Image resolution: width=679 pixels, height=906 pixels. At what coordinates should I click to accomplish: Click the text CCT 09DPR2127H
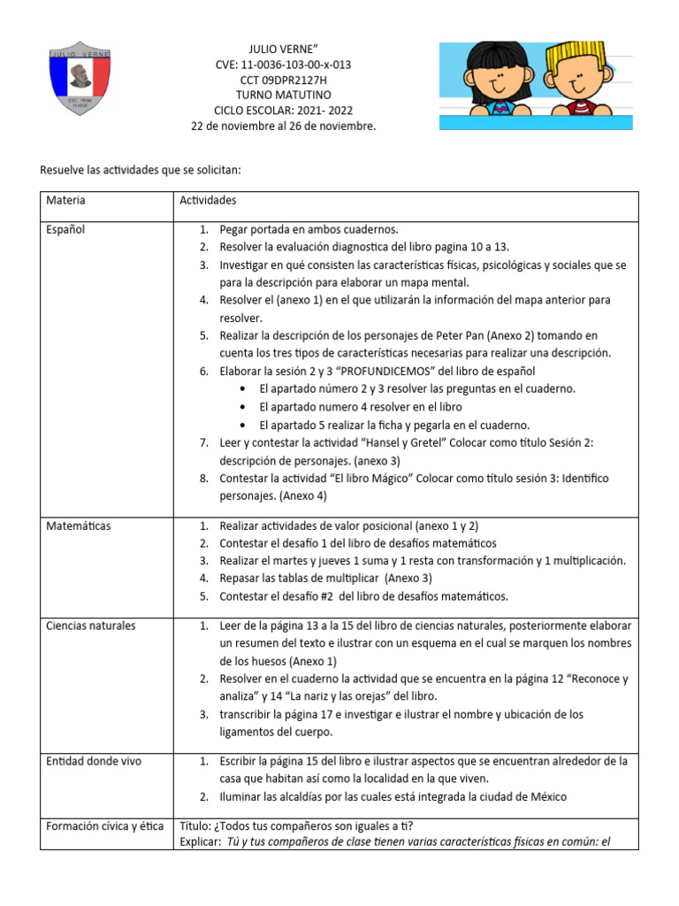tap(283, 81)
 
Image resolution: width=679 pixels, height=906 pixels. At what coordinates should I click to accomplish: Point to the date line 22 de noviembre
tap(283, 127)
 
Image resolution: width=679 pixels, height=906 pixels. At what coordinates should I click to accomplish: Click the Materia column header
tap(66, 201)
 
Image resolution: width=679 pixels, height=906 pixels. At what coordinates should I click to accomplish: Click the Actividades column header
tap(208, 201)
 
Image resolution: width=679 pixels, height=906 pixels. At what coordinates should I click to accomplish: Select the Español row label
tap(66, 230)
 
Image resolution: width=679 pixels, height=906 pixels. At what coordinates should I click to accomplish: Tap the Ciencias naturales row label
tap(91, 626)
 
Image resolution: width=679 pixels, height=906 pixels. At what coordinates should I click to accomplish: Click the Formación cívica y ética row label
tap(104, 826)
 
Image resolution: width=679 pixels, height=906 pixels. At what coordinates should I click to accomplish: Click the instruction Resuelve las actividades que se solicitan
tap(141, 169)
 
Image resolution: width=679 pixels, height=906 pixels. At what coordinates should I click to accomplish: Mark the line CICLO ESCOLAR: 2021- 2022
tap(283, 111)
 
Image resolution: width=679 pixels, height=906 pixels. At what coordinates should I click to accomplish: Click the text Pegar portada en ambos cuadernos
tap(309, 230)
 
